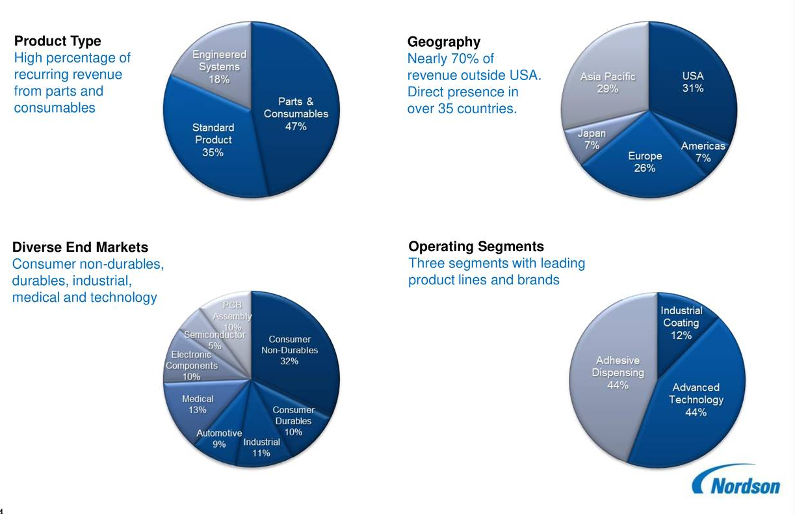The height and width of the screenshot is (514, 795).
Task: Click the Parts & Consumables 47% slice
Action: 296,114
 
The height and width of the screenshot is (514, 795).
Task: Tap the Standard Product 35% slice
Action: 213,140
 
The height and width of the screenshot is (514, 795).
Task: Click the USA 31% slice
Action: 692,82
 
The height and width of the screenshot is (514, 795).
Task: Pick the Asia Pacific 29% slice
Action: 608,83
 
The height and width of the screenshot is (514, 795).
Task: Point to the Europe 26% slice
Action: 645,162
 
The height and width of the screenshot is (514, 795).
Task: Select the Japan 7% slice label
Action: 592,139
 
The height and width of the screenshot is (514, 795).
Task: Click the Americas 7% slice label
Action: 703,152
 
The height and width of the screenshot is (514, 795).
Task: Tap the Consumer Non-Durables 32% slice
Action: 290,350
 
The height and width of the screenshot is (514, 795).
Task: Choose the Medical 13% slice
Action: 198,404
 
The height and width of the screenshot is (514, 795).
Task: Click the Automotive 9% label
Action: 219,439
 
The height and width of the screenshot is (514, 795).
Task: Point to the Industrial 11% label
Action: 261,448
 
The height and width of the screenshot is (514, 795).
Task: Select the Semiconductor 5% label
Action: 215,340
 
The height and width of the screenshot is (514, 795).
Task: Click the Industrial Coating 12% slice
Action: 681,323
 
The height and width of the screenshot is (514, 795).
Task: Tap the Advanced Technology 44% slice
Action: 696,400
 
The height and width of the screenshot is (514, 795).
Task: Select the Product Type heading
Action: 58,41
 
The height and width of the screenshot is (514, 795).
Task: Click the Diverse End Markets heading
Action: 81,247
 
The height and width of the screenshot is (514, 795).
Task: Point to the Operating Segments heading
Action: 476,247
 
